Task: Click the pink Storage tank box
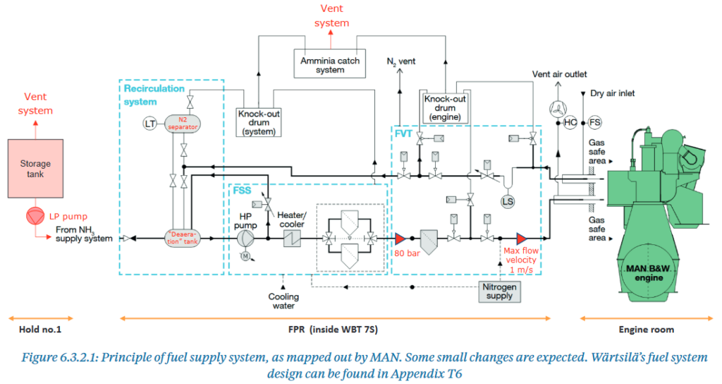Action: pos(35,168)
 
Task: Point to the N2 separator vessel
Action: pos(184,124)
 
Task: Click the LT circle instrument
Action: pos(149,124)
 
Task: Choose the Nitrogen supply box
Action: pos(499,291)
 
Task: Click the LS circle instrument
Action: pos(507,201)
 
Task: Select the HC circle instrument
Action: pos(570,123)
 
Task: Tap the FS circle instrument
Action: pos(595,123)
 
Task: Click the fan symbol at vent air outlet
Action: pos(553,108)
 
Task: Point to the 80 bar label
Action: pos(408,253)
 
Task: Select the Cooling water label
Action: pos(283,301)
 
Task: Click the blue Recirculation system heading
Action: pos(154,95)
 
